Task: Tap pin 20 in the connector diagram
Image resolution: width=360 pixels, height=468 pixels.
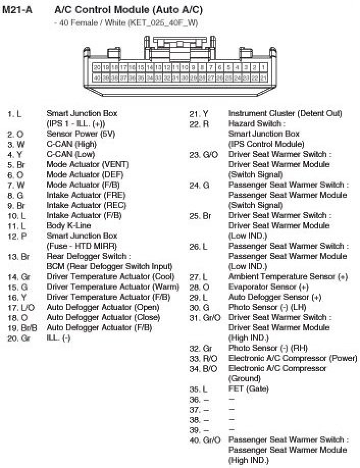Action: click(x=97, y=67)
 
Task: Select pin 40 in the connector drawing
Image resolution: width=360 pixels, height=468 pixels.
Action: click(x=97, y=77)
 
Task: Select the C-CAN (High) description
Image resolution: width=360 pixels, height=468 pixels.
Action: click(x=71, y=144)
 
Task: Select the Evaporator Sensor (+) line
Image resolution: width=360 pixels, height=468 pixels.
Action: click(x=268, y=287)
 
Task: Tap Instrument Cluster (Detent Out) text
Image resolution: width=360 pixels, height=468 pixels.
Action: click(x=285, y=113)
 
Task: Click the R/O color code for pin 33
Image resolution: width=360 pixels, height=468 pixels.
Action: click(x=210, y=358)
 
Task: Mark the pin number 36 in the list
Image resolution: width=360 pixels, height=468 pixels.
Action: click(x=194, y=399)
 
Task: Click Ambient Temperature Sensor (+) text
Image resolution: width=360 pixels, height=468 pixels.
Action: click(x=288, y=276)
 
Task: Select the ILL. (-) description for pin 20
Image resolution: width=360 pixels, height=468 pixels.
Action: click(x=58, y=337)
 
